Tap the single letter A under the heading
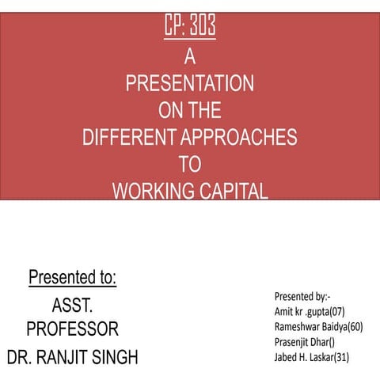click(x=189, y=57)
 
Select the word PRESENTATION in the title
click(x=189, y=83)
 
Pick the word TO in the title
click(x=189, y=164)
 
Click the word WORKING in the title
click(x=149, y=190)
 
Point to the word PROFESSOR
click(x=72, y=329)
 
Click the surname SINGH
click(x=116, y=356)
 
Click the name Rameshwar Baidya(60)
click(x=318, y=326)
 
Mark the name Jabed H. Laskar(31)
click(x=312, y=357)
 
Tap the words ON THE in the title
click(x=189, y=110)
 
